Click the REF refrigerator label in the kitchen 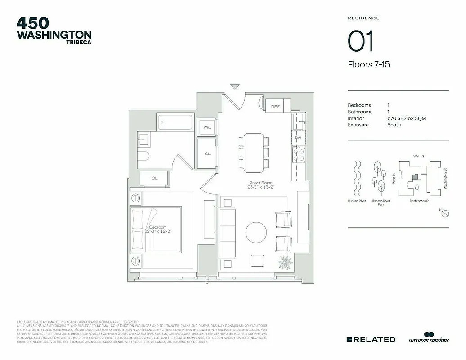point(276,107)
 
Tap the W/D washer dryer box point(207,127)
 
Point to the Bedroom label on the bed point(158,229)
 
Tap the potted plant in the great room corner point(285,262)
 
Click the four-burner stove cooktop point(298,154)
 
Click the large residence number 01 point(361,42)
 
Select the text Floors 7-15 point(368,65)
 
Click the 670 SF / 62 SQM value point(406,118)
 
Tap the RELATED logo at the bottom point(371,339)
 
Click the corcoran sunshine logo point(429,338)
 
